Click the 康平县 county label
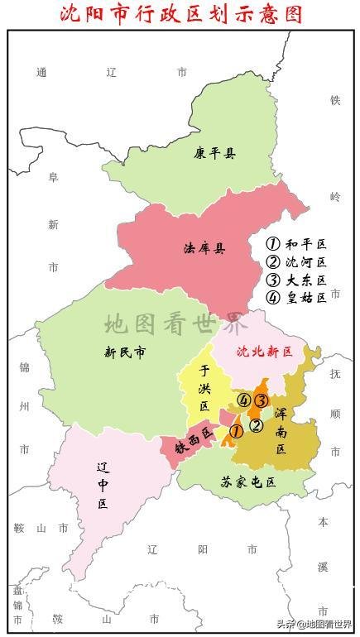click(x=215, y=152)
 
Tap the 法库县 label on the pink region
click(x=204, y=248)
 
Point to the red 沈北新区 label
click(x=265, y=351)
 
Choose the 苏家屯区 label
click(x=247, y=481)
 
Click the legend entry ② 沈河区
click(x=296, y=262)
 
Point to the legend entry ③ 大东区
click(x=296, y=280)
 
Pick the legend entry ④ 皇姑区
click(x=296, y=298)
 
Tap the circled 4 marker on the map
click(x=243, y=400)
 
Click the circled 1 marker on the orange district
click(x=236, y=431)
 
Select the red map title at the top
click(x=181, y=14)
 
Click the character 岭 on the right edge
click(x=335, y=196)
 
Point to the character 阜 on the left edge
click(x=53, y=176)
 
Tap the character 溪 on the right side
click(x=323, y=567)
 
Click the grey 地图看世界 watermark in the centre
click(x=175, y=323)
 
